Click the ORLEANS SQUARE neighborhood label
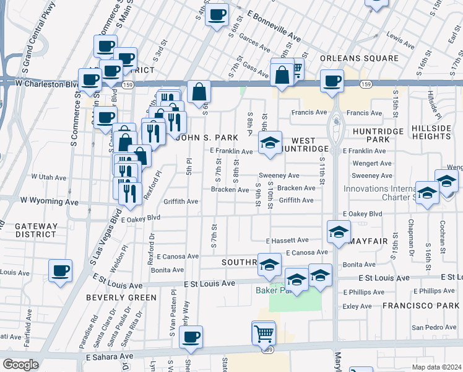[360, 58]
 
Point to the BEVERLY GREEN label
[121, 298]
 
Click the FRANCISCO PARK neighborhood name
[420, 306]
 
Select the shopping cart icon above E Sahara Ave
[264, 333]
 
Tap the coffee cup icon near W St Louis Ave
[61, 271]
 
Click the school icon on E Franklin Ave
[270, 143]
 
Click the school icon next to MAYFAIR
[338, 232]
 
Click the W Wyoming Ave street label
[50, 201]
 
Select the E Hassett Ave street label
[287, 240]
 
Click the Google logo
[21, 364]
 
